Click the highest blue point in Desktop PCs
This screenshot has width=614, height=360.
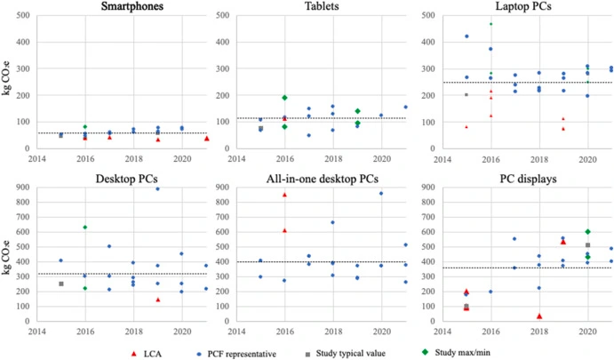click(157, 188)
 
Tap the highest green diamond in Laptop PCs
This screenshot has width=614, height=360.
click(490, 24)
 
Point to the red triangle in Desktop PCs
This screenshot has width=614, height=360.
click(157, 300)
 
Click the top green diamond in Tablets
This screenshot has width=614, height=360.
click(259, 98)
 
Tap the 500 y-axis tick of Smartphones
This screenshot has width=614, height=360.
click(24, 16)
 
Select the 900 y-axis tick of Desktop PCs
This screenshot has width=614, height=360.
click(24, 187)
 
